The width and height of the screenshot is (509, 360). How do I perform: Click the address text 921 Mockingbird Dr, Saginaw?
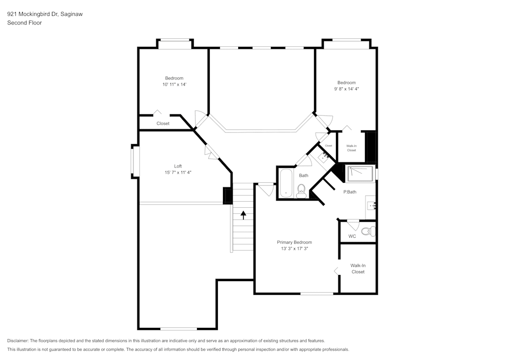click(x=45, y=14)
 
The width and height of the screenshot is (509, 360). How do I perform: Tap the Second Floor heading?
click(x=24, y=23)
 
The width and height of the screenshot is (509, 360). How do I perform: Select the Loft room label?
click(x=178, y=166)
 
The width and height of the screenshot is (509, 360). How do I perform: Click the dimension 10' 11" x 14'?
click(x=174, y=85)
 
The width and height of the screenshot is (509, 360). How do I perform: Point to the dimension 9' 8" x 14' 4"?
click(x=347, y=89)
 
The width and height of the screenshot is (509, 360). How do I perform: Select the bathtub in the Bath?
click(x=286, y=183)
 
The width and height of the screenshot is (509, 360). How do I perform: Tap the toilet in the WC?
click(x=372, y=231)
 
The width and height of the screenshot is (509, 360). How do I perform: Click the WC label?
click(x=352, y=236)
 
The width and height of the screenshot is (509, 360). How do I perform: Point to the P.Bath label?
click(x=350, y=192)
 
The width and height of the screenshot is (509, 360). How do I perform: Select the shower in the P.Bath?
click(x=361, y=174)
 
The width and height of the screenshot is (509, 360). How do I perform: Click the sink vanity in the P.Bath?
click(x=371, y=206)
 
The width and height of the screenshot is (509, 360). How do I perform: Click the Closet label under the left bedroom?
click(x=163, y=123)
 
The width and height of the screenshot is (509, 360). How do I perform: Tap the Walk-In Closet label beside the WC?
click(x=358, y=268)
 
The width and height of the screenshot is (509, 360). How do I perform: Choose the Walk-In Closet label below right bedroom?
click(x=351, y=148)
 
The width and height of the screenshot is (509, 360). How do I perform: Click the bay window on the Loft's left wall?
click(x=135, y=161)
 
